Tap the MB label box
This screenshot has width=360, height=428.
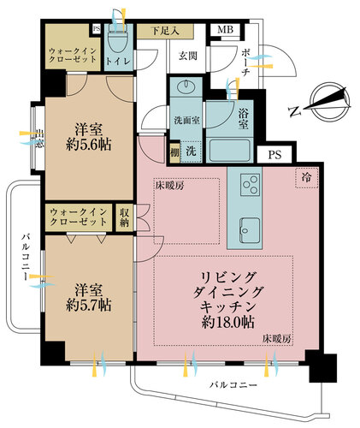pyautogui.click(x=226, y=30)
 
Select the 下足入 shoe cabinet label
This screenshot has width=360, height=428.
pyautogui.click(x=165, y=31)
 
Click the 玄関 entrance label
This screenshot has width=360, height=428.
pyautogui.click(x=188, y=56)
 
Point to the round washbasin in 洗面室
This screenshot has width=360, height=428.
pyautogui.click(x=186, y=86)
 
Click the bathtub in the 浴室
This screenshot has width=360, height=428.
pyautogui.click(x=229, y=150)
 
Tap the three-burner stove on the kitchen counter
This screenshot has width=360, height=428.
pyautogui.click(x=251, y=185)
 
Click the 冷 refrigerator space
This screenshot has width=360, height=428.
pyautogui.click(x=307, y=178)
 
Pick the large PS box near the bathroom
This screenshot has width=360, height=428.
pyautogui.click(x=274, y=154)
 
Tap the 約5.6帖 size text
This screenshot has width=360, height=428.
pyautogui.click(x=88, y=145)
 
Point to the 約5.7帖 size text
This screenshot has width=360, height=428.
pyautogui.click(x=88, y=306)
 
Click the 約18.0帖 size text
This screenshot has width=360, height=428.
pyautogui.click(x=228, y=323)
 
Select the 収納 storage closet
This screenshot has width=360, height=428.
pyautogui.click(x=124, y=217)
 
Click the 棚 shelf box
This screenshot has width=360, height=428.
pyautogui.click(x=174, y=152)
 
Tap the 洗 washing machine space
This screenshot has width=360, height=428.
pyautogui.click(x=191, y=151)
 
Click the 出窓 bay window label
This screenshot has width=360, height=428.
pyautogui.click(x=40, y=139)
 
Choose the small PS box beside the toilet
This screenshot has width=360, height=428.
pyautogui.click(x=97, y=29)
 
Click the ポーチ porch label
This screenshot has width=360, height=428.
pyautogui.click(x=245, y=62)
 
